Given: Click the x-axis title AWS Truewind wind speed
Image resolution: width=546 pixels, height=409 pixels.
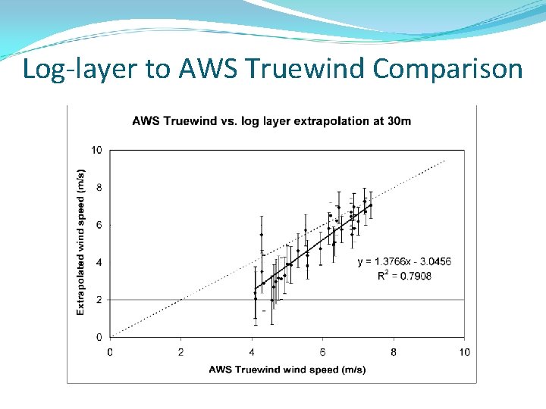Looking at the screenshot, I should click(x=287, y=370).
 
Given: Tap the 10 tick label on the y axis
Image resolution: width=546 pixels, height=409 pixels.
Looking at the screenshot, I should click(x=96, y=150).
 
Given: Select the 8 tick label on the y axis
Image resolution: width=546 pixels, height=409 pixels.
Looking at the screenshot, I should click(x=99, y=188).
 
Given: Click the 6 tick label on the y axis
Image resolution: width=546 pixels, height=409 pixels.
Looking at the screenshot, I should click(x=99, y=225).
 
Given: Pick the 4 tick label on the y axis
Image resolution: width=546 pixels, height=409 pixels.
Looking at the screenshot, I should click(x=99, y=263).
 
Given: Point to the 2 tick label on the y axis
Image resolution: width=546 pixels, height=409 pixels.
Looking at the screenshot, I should click(x=99, y=300).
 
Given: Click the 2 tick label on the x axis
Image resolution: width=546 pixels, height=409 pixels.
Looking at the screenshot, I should click(x=180, y=352).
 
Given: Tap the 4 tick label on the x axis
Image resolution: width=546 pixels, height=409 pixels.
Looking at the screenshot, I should click(x=252, y=352).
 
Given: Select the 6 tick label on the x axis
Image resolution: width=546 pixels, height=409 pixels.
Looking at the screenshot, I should click(x=322, y=352).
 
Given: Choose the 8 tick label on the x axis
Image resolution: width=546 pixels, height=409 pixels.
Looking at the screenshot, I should click(x=394, y=352).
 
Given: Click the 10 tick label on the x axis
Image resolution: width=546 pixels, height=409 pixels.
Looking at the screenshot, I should click(x=464, y=352).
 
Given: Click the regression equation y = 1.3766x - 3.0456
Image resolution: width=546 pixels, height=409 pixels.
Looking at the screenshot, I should click(x=404, y=262).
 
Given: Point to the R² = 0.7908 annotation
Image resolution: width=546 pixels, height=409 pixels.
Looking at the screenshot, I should click(x=404, y=276).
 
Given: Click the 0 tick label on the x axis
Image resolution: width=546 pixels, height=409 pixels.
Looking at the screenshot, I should click(x=110, y=352).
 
